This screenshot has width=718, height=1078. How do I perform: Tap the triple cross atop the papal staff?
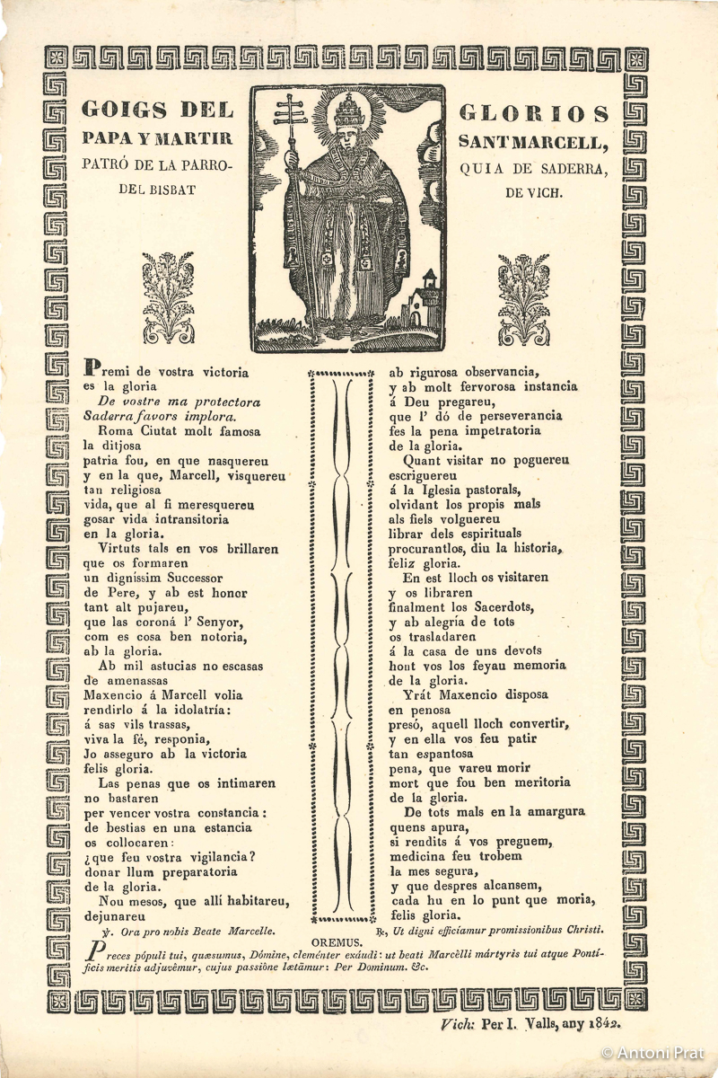point(291,111)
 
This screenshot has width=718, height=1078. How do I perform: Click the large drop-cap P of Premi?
point(90,367)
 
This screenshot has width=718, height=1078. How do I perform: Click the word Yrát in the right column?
point(418,694)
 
